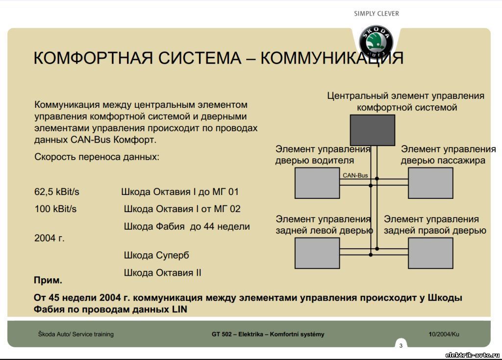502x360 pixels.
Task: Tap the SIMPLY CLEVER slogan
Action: click(376, 14)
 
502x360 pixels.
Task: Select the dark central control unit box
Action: click(373, 130)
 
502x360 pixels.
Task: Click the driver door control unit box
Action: click(317, 183)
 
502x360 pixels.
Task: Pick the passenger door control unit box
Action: click(430, 183)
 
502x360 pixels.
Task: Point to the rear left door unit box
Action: click(317, 253)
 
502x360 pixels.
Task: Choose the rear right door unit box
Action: click(430, 253)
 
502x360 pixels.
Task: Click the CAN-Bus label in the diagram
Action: click(355, 175)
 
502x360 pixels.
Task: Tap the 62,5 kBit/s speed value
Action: click(57, 192)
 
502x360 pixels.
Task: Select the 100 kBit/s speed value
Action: click(56, 209)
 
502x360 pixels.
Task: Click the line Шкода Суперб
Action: click(156, 255)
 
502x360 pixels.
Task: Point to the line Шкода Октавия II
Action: click(162, 273)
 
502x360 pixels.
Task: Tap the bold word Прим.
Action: click(48, 280)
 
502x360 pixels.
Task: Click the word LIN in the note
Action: click(179, 310)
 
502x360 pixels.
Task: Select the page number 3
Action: click(401, 346)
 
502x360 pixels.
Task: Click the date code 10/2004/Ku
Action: click(444, 334)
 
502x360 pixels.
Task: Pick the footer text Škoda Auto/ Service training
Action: click(76, 334)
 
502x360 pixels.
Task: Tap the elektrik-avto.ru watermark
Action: click(473, 355)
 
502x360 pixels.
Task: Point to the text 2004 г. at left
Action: click(50, 238)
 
